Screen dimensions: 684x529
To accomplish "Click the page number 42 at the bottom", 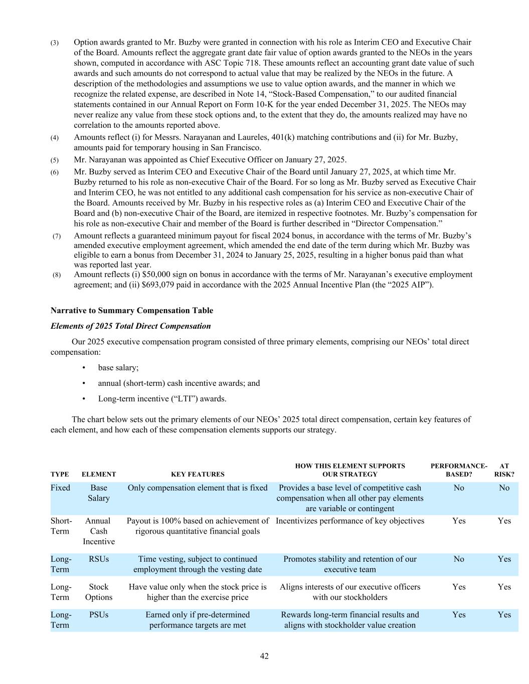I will [x=264, y=656].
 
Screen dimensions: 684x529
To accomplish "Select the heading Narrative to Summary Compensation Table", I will [x=132, y=311].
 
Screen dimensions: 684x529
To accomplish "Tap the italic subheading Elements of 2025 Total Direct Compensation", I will [x=131, y=326].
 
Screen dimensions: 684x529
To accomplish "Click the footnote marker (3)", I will [x=55, y=43].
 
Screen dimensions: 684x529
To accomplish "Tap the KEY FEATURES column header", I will [x=198, y=474].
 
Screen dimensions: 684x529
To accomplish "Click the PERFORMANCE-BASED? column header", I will [x=459, y=470].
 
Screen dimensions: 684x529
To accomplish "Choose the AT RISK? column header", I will [x=504, y=470].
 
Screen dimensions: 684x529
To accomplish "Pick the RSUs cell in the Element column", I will [x=99, y=559].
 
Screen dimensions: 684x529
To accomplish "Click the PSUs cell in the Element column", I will [x=99, y=615].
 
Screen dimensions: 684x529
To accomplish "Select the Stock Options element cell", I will [x=99, y=592].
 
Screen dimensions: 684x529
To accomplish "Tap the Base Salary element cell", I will [x=99, y=493].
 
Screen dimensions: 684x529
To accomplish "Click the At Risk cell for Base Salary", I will [x=504, y=488].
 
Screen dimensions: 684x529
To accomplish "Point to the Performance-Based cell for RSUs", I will [x=459, y=559].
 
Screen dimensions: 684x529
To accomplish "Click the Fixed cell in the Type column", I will [x=61, y=488].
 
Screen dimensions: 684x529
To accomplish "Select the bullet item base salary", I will [x=118, y=368].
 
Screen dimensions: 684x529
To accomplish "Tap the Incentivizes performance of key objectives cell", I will [x=350, y=521].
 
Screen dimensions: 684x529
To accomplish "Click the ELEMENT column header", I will [x=99, y=474].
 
